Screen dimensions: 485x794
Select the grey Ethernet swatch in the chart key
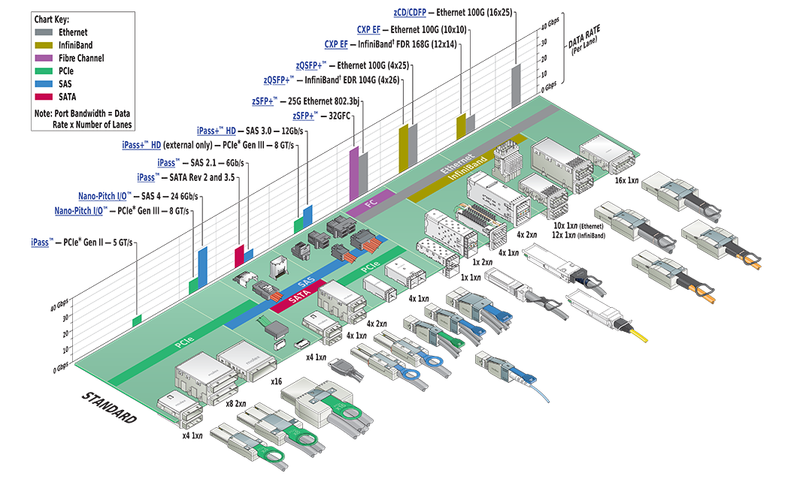tap(44, 32)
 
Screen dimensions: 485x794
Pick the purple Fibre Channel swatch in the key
tap(44, 58)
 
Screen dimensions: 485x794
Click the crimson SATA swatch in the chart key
tap(44, 96)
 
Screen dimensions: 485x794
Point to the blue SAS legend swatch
tap(44, 83)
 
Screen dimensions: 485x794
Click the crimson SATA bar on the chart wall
tap(239, 255)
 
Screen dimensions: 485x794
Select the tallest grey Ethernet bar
tap(516, 84)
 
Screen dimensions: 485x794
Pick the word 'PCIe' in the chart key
tap(68, 71)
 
